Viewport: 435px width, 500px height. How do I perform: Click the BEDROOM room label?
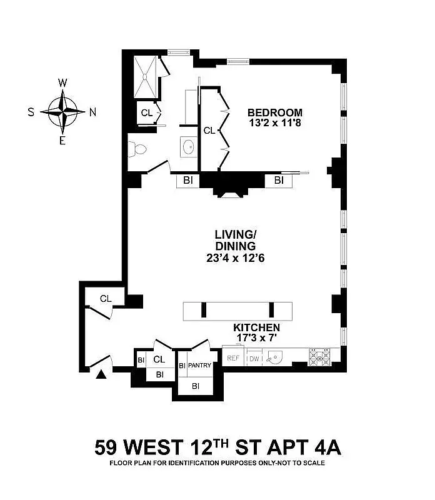[x=275, y=112]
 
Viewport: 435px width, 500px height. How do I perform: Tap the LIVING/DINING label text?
[x=236, y=240]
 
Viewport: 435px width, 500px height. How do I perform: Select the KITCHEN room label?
[x=256, y=327]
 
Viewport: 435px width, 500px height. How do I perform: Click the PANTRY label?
[x=199, y=365]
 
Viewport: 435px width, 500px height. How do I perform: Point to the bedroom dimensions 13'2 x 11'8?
[x=275, y=122]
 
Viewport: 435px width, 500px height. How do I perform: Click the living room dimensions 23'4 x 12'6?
[x=236, y=257]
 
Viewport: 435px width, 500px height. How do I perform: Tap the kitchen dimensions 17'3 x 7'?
[x=256, y=337]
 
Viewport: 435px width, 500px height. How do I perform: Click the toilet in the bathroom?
[x=137, y=149]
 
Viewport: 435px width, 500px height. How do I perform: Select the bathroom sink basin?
[x=189, y=147]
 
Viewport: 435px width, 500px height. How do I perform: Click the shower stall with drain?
[x=146, y=77]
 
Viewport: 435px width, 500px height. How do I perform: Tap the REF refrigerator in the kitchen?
[x=233, y=358]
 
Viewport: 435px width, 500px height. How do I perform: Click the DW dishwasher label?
[x=254, y=359]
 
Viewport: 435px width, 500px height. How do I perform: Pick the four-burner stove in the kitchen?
[x=319, y=357]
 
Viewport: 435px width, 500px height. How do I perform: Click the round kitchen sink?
[x=274, y=357]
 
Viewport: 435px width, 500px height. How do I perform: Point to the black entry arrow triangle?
[x=101, y=374]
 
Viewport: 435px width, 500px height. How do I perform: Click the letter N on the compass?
[x=92, y=112]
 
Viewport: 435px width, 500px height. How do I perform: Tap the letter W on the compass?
[x=62, y=83]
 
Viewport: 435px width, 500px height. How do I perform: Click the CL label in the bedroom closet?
[x=209, y=131]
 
